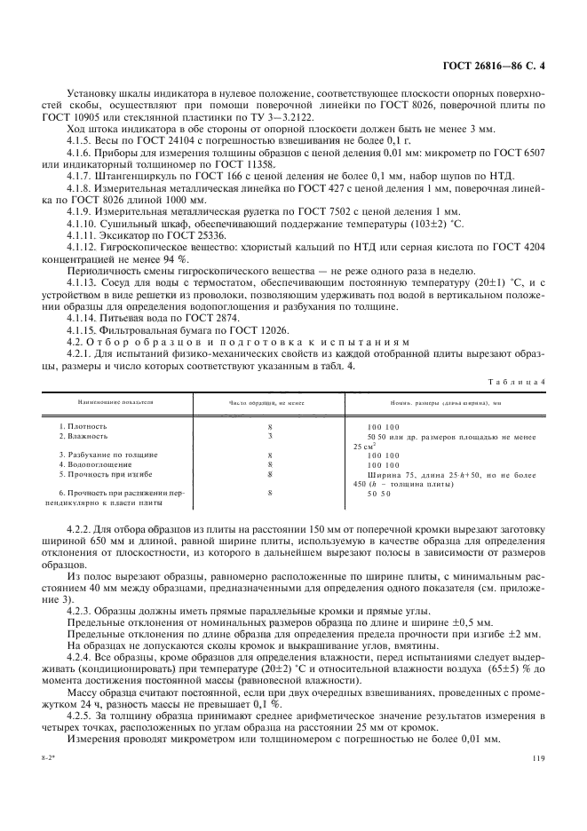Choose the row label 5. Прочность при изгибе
99,473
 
